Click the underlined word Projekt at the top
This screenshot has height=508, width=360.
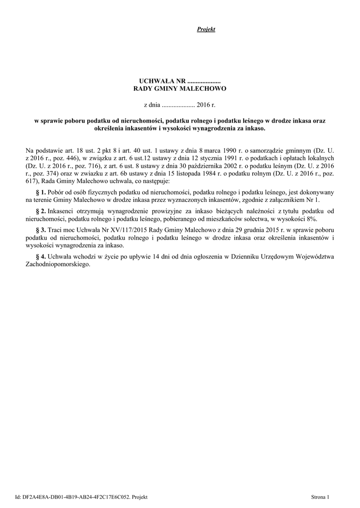point(206,30)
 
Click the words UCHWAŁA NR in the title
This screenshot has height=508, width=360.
point(156,80)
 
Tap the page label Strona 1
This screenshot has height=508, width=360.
point(320,497)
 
